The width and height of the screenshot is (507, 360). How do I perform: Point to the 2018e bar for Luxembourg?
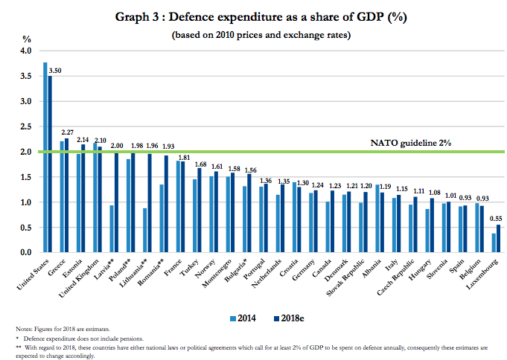click(497, 239)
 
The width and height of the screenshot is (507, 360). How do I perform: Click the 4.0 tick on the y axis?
click(27, 51)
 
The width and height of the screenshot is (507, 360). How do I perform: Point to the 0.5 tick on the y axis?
click(27, 228)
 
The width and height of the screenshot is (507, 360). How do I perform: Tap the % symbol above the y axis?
click(28, 38)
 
